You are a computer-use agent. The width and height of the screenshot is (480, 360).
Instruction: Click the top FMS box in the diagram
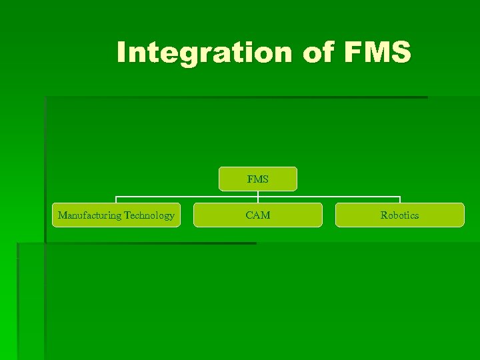(258, 179)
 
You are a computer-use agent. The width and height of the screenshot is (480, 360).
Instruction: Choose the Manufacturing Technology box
(117, 215)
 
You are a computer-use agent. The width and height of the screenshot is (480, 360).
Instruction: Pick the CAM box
(258, 215)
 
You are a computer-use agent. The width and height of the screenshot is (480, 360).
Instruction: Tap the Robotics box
(399, 215)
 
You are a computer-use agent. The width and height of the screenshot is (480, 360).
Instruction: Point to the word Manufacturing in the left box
(90, 215)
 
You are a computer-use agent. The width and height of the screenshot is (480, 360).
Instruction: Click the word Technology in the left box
(149, 215)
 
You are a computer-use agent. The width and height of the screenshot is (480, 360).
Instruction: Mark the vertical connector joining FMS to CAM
(258, 197)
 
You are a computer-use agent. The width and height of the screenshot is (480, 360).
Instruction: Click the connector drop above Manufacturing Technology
(117, 199)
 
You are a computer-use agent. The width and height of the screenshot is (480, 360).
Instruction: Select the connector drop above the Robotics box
(399, 199)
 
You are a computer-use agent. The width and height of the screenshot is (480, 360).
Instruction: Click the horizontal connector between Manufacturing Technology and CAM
(187, 197)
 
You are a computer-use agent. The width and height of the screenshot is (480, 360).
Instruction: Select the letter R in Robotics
(383, 215)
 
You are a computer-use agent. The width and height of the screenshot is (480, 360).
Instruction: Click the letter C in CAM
(249, 215)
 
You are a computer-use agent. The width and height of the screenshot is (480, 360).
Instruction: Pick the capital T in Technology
(127, 215)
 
